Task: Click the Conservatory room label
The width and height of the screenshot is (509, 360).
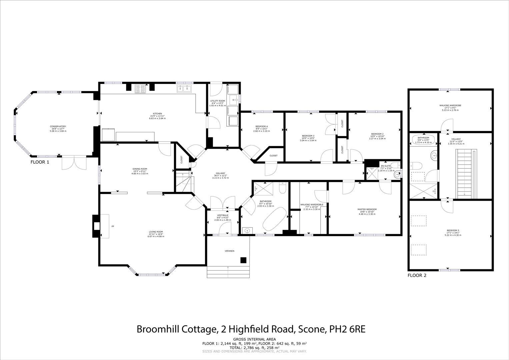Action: (58, 129)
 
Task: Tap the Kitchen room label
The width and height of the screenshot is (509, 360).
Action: (157, 116)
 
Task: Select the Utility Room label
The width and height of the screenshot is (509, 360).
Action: (217, 103)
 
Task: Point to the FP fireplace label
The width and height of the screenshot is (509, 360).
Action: (113, 227)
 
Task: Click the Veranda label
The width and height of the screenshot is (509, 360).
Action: (228, 251)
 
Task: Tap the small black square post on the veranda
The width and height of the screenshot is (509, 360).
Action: (244, 260)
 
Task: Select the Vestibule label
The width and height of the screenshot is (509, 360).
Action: (223, 217)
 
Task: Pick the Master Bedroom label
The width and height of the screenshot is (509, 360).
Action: (367, 212)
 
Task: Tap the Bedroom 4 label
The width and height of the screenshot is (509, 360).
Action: (262, 128)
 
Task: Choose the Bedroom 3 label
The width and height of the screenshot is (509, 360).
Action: (308, 138)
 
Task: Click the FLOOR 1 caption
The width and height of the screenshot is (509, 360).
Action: (40, 162)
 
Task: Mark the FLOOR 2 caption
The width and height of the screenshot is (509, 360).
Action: (417, 275)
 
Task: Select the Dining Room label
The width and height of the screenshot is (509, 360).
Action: (140, 171)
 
